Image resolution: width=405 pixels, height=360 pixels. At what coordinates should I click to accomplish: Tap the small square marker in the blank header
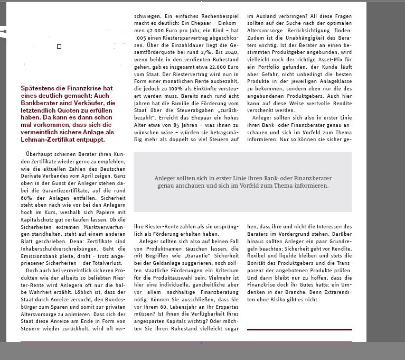click(x=59, y=47)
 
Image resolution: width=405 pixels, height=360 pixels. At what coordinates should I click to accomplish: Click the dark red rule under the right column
click(x=299, y=329)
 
